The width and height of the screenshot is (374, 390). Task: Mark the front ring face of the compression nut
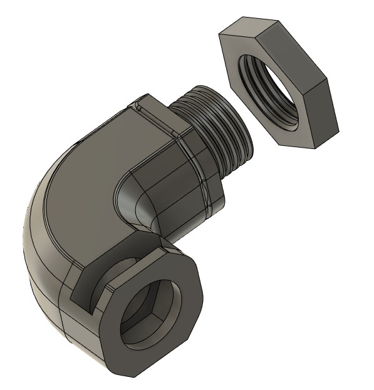(x=182, y=294)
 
